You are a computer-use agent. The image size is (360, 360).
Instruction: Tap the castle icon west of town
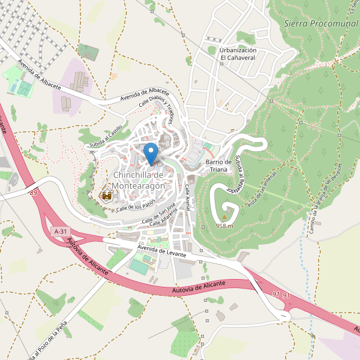point(107,196)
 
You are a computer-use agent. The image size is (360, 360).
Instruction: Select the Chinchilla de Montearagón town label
point(139,180)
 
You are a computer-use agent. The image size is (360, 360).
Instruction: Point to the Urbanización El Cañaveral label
point(238,54)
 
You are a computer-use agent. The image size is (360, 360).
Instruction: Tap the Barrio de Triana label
point(218,166)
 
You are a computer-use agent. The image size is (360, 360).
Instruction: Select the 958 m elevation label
point(224,226)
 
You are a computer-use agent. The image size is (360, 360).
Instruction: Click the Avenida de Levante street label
point(163,251)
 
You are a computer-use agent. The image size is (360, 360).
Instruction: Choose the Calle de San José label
point(158,214)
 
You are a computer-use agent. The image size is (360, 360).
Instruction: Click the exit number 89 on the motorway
point(32,192)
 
